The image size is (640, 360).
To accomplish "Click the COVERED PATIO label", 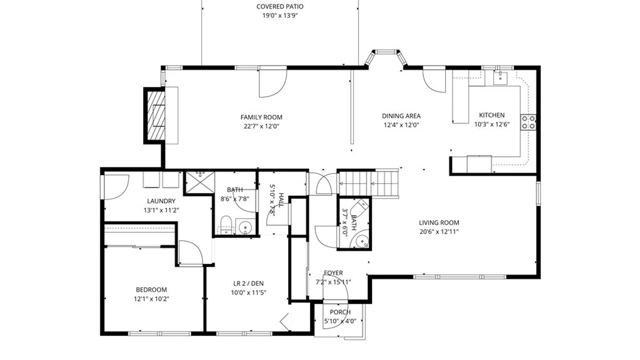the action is (x=280, y=7).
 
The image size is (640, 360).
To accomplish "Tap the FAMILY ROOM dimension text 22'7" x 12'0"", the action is (x=261, y=126).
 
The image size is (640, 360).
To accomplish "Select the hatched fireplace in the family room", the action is (x=156, y=115).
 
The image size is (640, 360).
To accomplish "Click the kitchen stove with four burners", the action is (x=528, y=122).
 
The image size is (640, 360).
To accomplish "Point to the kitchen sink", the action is (x=500, y=78).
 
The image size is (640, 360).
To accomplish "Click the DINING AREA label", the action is (x=401, y=116).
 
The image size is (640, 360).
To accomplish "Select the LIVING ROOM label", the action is (x=439, y=223).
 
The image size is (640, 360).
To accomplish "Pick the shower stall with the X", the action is (x=200, y=182).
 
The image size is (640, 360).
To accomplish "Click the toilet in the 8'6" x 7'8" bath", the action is (x=226, y=225).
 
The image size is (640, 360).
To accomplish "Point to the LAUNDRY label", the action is (x=161, y=201).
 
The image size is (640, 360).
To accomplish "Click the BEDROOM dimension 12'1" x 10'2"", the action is (x=151, y=299).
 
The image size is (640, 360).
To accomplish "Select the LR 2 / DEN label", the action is (x=248, y=284).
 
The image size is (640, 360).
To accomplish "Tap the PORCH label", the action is (x=340, y=312).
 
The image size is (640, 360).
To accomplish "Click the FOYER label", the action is (x=333, y=273).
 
